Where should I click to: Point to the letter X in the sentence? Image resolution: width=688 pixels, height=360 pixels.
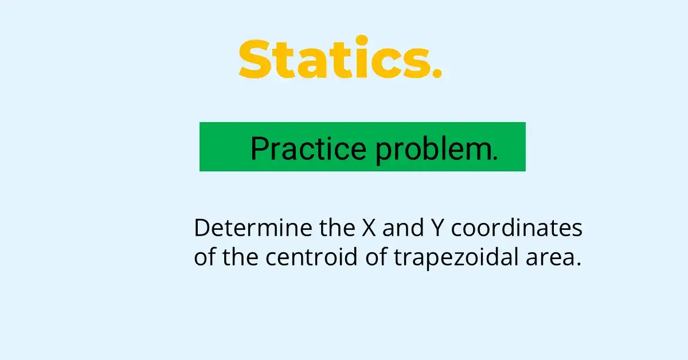pyautogui.click(x=368, y=228)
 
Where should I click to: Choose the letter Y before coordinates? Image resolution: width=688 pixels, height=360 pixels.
pyautogui.click(x=435, y=228)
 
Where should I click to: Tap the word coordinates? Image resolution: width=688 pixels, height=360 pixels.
pyautogui.click(x=517, y=228)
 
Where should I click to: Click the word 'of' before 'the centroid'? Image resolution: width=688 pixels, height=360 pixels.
pyautogui.click(x=205, y=257)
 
